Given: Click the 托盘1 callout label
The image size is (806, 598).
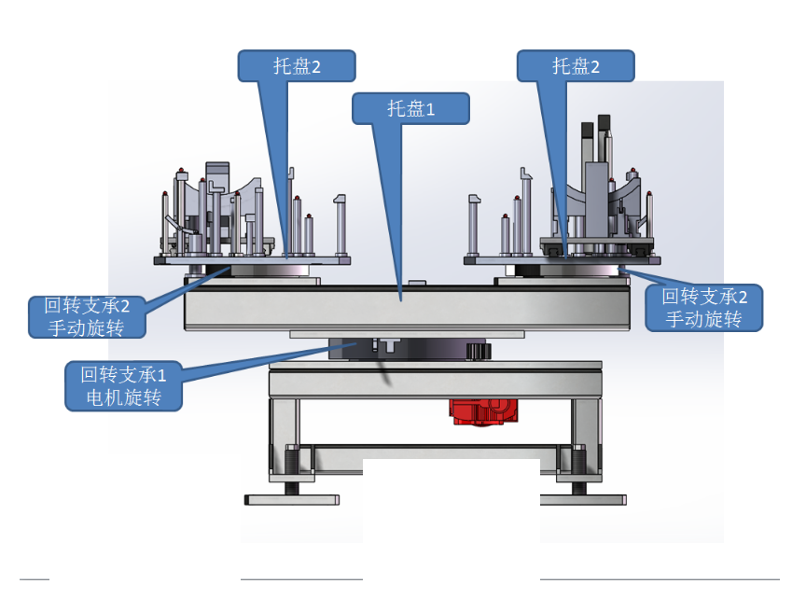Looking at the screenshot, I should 410,108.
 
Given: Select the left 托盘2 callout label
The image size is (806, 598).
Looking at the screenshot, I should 297,66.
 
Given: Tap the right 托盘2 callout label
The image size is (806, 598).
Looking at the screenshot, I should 576,66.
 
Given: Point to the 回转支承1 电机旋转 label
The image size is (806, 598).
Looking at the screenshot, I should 122,386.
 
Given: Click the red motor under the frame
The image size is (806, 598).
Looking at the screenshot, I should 478,411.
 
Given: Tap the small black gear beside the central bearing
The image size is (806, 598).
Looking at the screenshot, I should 478,351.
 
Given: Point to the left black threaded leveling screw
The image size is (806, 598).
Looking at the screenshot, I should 291,465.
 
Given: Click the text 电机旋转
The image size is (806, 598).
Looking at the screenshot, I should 122,398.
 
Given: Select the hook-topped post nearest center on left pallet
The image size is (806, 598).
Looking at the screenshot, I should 340,224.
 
